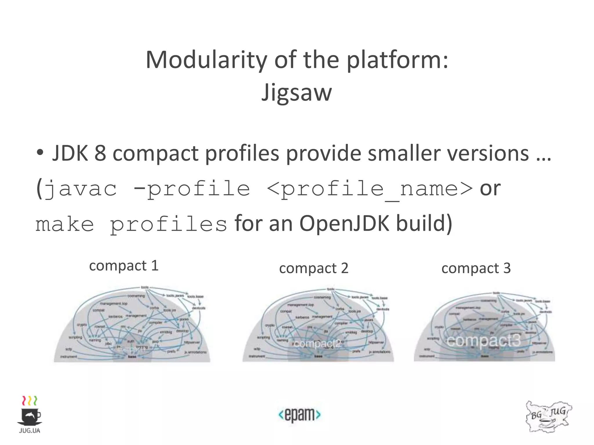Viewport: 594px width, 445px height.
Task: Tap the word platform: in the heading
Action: pos(397,60)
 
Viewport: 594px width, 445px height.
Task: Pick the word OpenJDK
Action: pos(344,224)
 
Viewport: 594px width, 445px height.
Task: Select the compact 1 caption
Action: pos(124,266)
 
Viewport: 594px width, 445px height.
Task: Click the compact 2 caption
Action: pos(314,268)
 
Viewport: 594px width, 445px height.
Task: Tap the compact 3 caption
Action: pos(476,268)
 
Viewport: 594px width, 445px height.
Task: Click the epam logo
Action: pos(300,415)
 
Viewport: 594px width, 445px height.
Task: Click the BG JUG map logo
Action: pos(548,416)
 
